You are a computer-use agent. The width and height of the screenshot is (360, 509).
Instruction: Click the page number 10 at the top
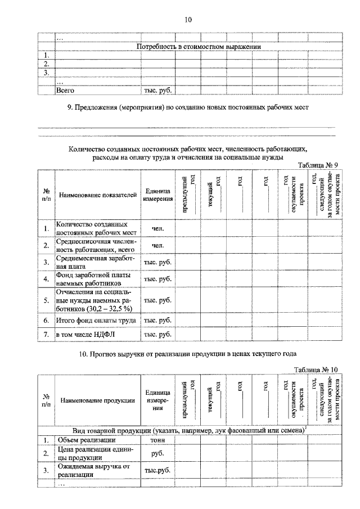pyautogui.click(x=188, y=20)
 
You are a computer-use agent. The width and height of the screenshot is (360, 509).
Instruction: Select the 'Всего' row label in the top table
pyautogui.click(x=65, y=89)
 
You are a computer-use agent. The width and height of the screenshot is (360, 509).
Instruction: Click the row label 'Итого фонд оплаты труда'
pyautogui.click(x=96, y=321)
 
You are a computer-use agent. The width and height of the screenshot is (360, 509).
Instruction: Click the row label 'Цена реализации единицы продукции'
pyautogui.click(x=90, y=453)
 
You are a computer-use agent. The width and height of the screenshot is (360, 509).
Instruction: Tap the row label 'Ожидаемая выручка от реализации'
pyautogui.click(x=90, y=470)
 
